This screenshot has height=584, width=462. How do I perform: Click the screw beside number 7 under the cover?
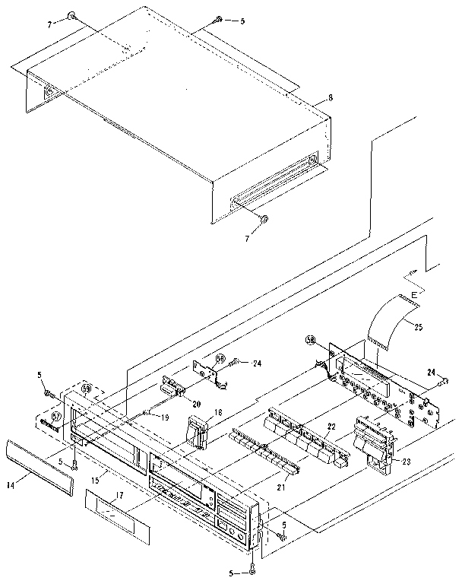(x=264, y=220)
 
